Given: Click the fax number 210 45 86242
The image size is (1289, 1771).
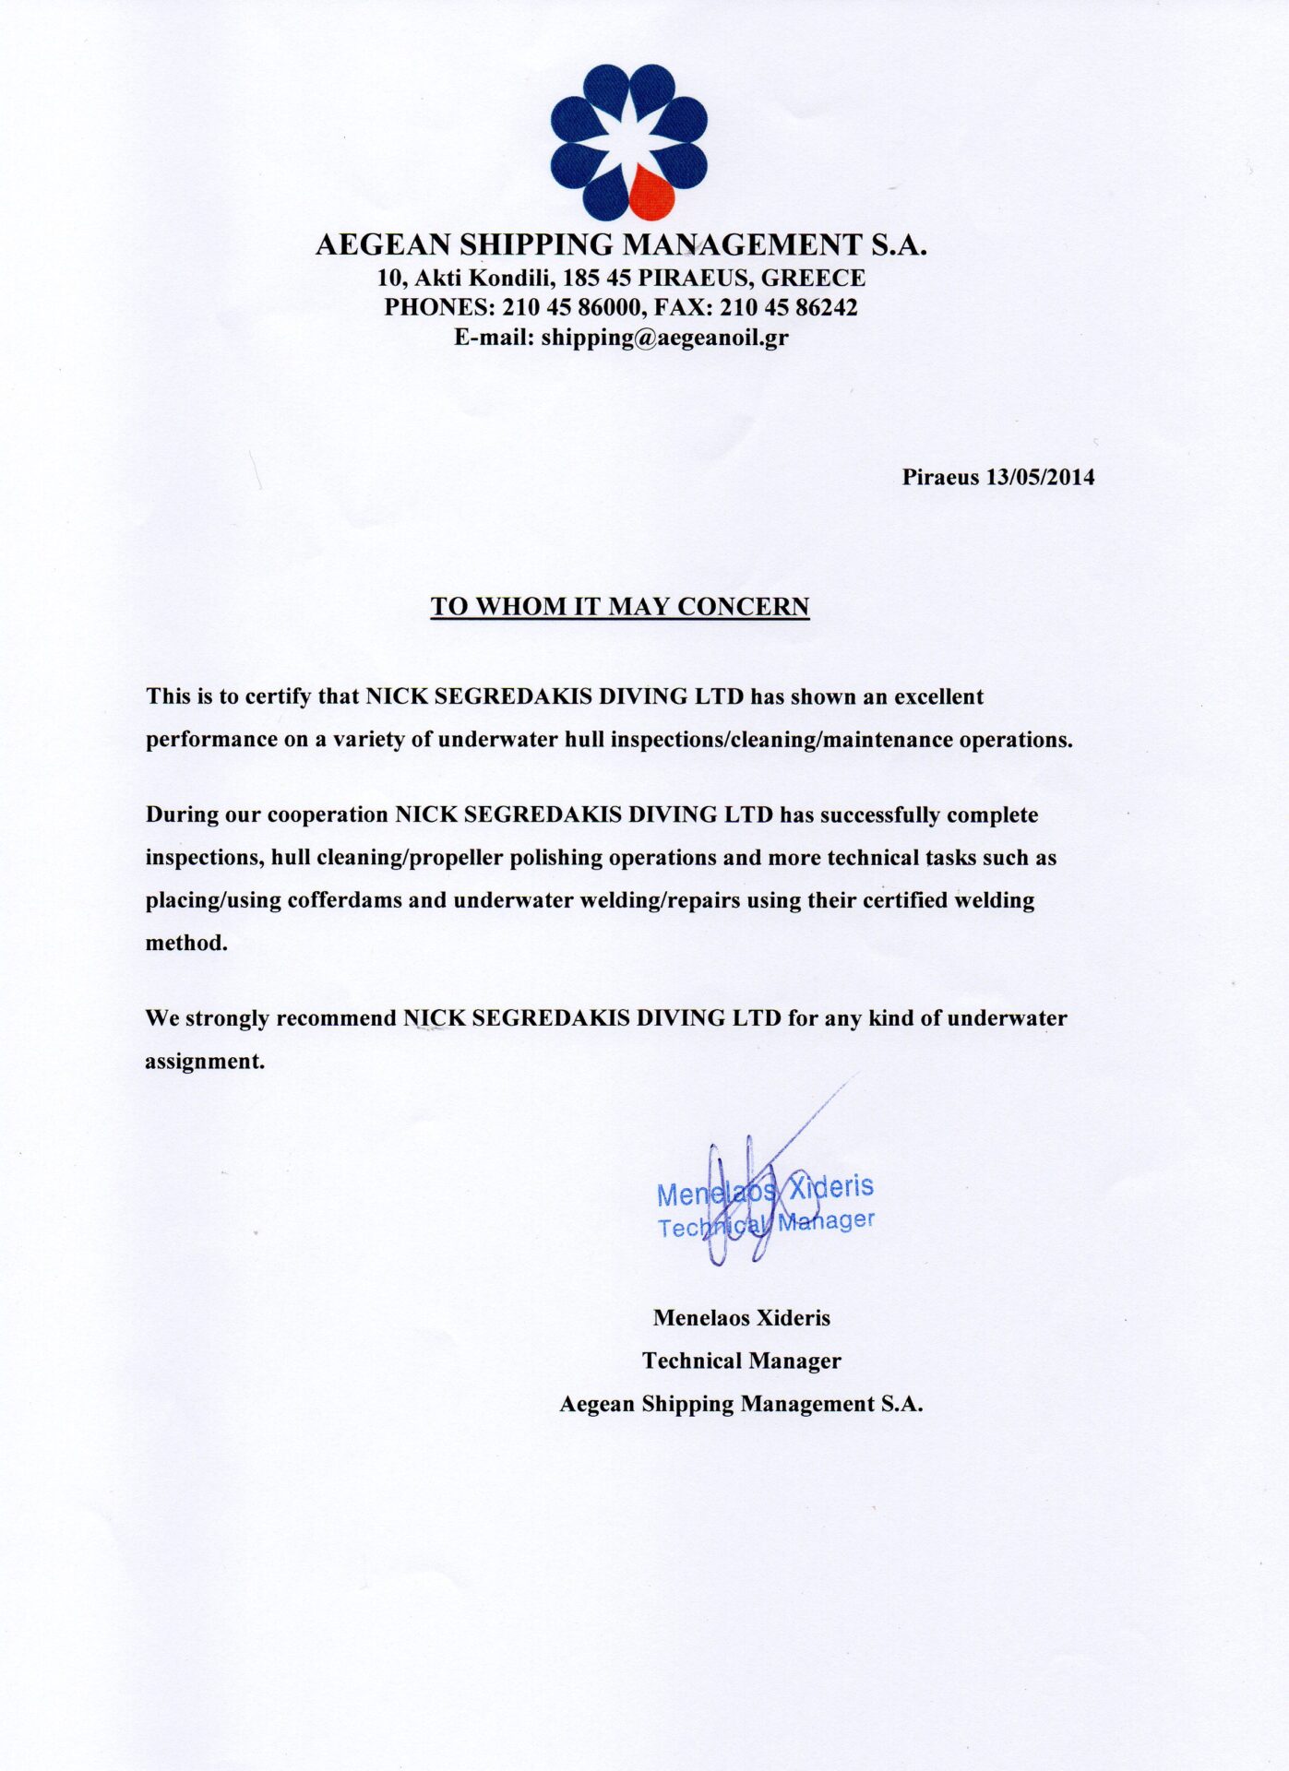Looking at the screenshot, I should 789,307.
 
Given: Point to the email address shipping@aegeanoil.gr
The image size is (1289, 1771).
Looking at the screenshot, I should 664,337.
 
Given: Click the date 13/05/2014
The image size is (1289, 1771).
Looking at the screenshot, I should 1040,477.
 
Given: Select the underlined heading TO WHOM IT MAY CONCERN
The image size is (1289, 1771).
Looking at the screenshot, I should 620,606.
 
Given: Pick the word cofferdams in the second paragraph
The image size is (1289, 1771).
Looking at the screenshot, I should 344,900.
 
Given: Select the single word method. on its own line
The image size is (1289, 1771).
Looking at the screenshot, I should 186,943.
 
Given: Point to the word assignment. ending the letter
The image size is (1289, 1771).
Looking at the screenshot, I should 205,1061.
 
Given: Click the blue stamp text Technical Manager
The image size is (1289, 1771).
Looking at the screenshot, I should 766,1223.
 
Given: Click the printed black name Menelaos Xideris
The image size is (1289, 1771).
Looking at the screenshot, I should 742,1318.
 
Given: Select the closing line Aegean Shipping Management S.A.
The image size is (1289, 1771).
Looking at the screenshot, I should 741,1404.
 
